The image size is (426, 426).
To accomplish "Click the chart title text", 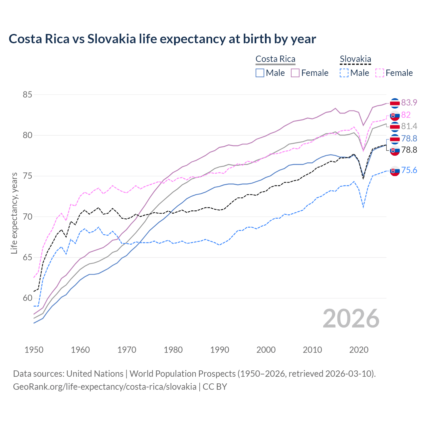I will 162,39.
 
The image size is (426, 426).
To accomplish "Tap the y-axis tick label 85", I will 27,95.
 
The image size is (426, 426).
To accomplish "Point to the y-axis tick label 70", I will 27,217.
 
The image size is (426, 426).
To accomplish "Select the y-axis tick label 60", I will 27,298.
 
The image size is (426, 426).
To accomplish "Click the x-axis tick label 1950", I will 34,350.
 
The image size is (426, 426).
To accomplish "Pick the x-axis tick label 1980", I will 173,350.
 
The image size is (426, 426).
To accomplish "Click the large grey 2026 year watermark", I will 351,319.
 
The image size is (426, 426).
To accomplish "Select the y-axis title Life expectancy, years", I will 14,213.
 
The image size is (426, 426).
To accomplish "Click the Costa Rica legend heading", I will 275,59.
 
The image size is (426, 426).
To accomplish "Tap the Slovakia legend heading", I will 355,59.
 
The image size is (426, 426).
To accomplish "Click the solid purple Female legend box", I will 295,73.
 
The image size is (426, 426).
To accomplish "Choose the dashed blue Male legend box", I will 344,73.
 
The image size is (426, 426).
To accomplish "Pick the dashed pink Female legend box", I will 380,73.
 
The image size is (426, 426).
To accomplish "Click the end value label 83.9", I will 409,103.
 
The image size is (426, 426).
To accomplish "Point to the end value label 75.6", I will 409,170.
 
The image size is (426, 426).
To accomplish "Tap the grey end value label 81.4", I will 409,126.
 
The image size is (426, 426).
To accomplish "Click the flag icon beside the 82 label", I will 395,115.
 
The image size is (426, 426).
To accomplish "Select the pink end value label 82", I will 406,115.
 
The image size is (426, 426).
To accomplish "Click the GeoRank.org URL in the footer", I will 105,387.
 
